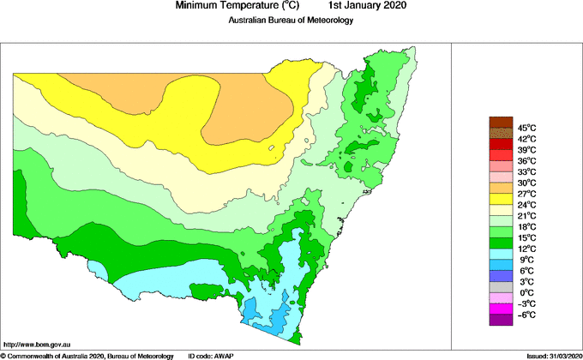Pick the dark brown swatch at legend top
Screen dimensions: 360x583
[x=501, y=122]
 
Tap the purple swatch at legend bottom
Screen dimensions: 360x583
[x=501, y=320]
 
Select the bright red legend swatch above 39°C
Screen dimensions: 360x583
[x=501, y=144]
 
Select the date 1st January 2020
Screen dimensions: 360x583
[x=364, y=6]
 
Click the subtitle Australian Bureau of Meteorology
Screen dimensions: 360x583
[x=291, y=21]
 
